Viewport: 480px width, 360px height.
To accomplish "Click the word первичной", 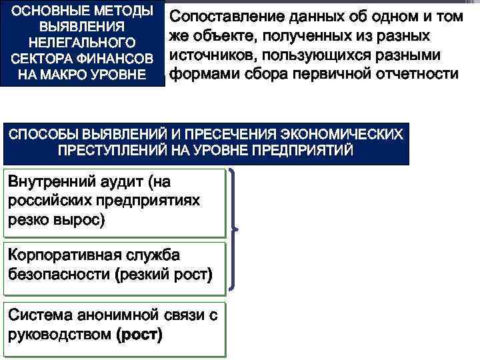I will pyautogui.click(x=328, y=73).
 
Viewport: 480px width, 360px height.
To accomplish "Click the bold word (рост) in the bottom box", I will pyautogui.click(x=139, y=334).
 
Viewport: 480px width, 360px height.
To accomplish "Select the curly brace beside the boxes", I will pyautogui.click(x=234, y=229).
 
